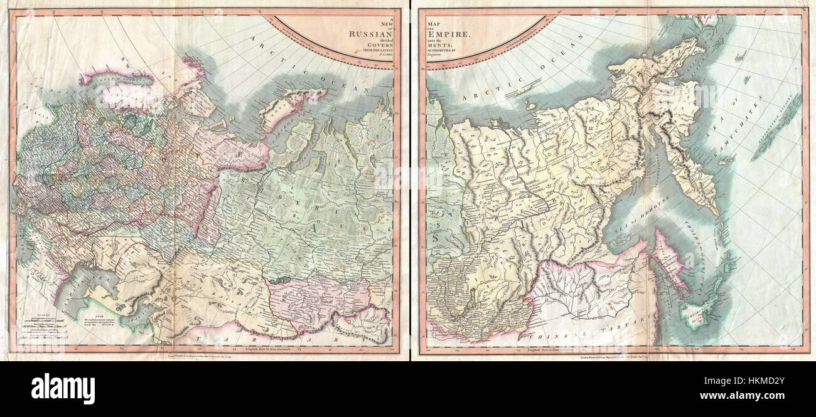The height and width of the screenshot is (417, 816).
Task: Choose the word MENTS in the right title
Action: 439,43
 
